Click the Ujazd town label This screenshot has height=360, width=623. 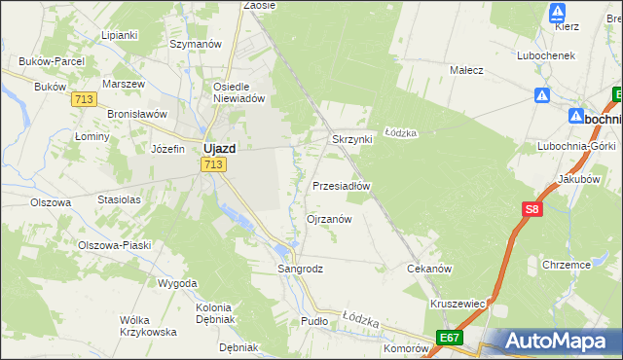pos(216,149)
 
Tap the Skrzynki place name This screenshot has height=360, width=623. pos(352,139)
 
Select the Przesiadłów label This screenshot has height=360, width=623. pos(342,185)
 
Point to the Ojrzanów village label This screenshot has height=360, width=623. pos(329,219)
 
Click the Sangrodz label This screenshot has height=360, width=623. pos(300,268)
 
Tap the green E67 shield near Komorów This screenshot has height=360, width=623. pos(449,338)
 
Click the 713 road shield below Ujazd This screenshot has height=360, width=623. pos(214,165)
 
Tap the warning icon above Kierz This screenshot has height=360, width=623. pos(558,13)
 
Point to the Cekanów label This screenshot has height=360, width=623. pos(429,268)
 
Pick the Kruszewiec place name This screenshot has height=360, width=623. pos(457,304)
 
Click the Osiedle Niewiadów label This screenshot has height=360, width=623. pos(238,91)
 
